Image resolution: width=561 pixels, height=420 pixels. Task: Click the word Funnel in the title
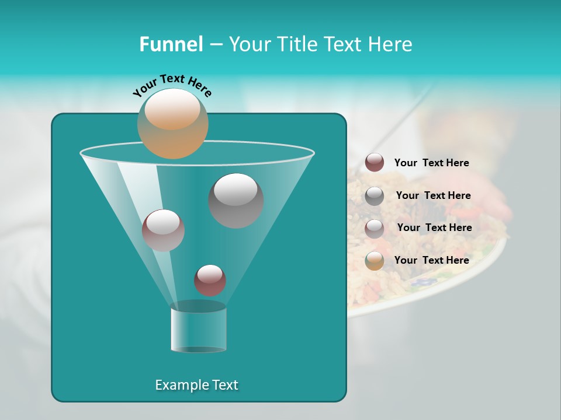coord(171,44)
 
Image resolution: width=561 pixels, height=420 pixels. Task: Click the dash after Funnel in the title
coord(215,45)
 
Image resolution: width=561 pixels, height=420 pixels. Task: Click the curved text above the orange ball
coord(172,85)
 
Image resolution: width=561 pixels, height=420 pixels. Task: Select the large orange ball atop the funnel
coord(172,123)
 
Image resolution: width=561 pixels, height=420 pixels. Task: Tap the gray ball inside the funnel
coord(236,200)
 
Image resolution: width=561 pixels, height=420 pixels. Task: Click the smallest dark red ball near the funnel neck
coord(210,280)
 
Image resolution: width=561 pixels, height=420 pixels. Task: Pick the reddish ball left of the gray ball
coord(163,230)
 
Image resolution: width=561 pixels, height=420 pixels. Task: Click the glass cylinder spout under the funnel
coord(198,330)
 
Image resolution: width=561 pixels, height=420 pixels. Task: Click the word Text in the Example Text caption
coord(224,385)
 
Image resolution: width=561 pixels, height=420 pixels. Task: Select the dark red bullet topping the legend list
coord(375,162)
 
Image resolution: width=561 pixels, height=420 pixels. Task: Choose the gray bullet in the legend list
coord(375,196)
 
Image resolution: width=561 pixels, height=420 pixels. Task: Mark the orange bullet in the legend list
coord(375,261)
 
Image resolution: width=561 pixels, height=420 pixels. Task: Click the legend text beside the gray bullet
coord(433,195)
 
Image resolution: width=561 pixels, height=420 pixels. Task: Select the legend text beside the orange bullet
coord(431,260)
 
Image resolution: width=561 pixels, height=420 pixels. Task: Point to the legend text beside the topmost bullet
coord(431,163)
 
